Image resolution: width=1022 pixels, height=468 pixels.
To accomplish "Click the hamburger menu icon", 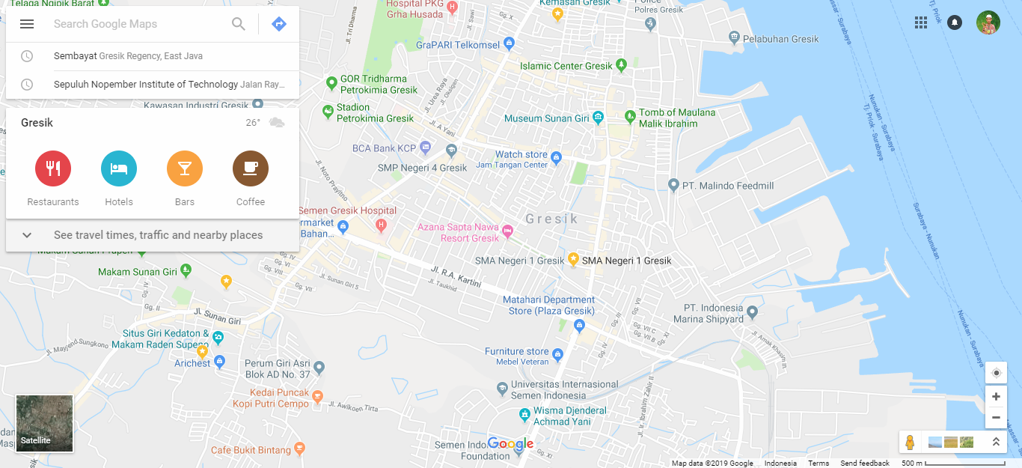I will pyautogui.click(x=27, y=24).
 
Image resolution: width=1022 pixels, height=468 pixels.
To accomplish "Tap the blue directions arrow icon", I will pyautogui.click(x=278, y=24).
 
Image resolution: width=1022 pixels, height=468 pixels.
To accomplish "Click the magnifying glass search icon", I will pyautogui.click(x=239, y=24).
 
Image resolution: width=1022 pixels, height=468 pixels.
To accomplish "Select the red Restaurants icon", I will pyautogui.click(x=53, y=168).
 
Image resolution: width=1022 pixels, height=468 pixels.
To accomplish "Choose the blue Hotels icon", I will pyautogui.click(x=119, y=168).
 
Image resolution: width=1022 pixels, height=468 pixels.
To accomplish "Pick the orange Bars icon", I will pyautogui.click(x=185, y=168).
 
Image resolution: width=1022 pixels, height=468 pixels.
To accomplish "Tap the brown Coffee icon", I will pyautogui.click(x=251, y=168).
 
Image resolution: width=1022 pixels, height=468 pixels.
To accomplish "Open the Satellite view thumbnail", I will pyautogui.click(x=45, y=424).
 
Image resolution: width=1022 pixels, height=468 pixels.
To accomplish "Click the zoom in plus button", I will pyautogui.click(x=996, y=397).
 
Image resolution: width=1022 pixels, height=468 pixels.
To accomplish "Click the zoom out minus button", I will pyautogui.click(x=996, y=417).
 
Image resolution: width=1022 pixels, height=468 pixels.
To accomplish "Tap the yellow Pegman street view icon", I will pyautogui.click(x=910, y=442).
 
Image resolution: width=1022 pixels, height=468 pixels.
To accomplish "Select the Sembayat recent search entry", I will pyautogui.click(x=128, y=56).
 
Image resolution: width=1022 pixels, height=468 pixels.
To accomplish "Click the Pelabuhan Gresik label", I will pyautogui.click(x=782, y=39).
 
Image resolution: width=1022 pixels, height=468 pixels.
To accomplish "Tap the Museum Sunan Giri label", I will pyautogui.click(x=547, y=118).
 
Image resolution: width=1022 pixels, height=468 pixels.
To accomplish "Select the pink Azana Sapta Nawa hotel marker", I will pyautogui.click(x=508, y=230).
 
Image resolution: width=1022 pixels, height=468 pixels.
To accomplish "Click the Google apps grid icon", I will pyautogui.click(x=921, y=22).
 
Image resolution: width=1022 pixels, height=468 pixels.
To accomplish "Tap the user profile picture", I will pyautogui.click(x=988, y=22).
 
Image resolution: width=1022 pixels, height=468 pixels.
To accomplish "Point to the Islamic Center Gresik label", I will pyautogui.click(x=566, y=66).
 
